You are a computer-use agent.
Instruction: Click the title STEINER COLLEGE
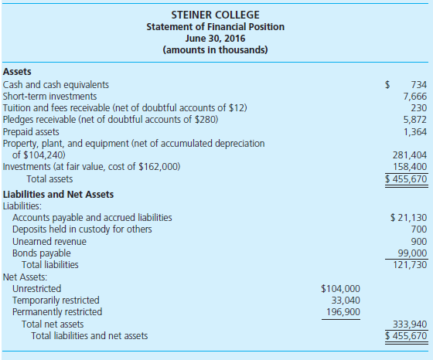click(216, 15)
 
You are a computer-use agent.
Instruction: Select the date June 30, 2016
click(216, 39)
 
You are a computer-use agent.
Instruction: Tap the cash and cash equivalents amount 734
click(418, 84)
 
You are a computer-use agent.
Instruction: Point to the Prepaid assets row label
click(31, 131)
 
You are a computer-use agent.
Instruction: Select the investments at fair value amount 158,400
click(411, 166)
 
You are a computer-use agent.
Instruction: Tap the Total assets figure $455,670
click(407, 178)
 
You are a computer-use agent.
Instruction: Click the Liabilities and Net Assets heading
click(58, 194)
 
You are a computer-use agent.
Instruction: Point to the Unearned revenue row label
click(48, 241)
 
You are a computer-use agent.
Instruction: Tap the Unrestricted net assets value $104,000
click(339, 288)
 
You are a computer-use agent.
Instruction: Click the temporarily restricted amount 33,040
click(344, 300)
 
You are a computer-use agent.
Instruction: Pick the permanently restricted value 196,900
click(343, 311)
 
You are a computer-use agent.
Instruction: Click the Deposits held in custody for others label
click(82, 229)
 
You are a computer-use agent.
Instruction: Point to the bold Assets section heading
click(19, 71)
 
